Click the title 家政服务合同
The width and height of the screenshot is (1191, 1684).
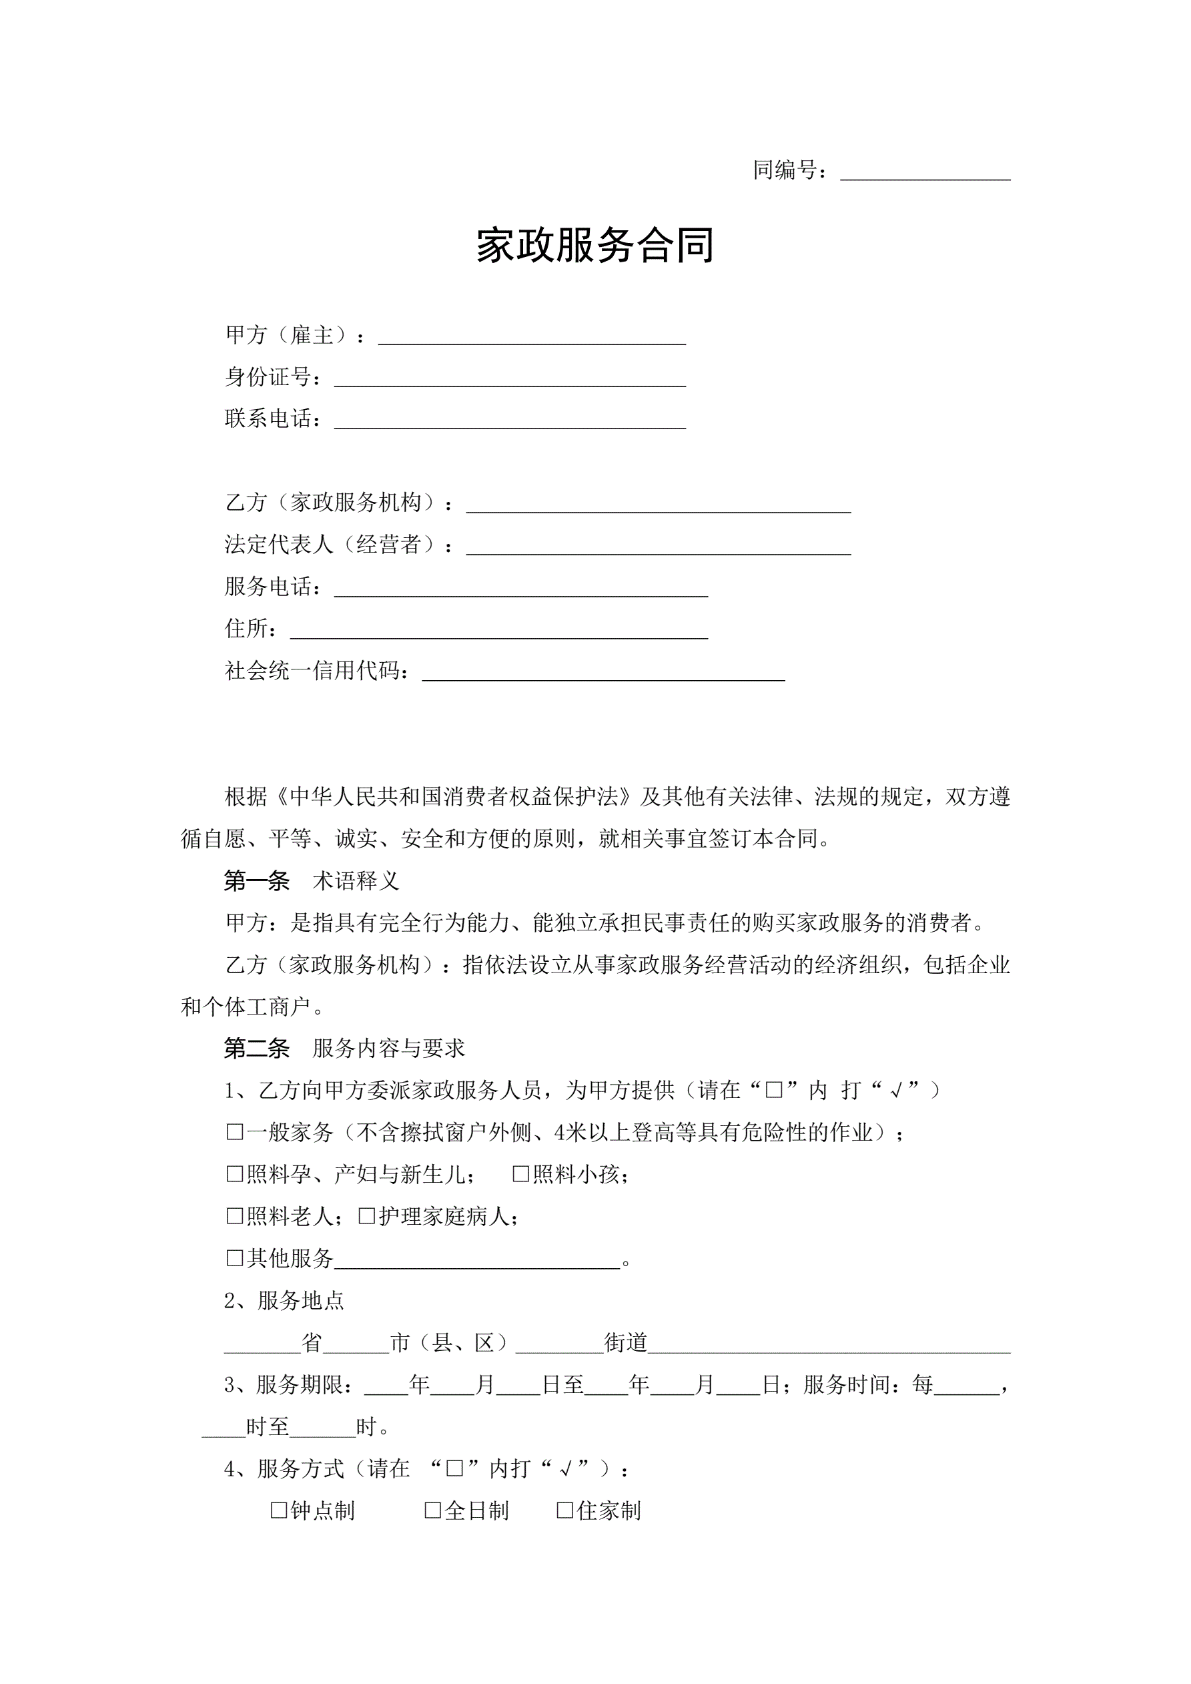click(x=594, y=245)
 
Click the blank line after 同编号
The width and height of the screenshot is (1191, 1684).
click(x=925, y=173)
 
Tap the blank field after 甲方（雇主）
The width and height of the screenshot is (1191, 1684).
click(x=532, y=337)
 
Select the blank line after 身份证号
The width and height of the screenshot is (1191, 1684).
click(x=510, y=379)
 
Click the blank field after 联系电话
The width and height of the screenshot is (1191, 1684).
click(x=510, y=421)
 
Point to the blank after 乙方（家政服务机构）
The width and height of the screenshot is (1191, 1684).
click(x=658, y=505)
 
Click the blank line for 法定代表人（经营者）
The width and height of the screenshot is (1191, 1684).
click(x=658, y=547)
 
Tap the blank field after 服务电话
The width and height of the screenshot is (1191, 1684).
click(x=520, y=589)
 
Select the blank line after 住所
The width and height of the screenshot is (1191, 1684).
click(x=498, y=631)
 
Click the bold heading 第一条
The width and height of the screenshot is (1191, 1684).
click(x=257, y=881)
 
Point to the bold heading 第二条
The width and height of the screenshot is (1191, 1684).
click(x=257, y=1049)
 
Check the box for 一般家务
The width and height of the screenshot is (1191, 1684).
click(x=235, y=1133)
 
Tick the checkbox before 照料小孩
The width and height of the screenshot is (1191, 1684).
click(x=520, y=1174)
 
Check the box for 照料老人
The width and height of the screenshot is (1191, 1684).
click(x=235, y=1216)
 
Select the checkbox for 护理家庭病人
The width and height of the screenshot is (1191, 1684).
click(x=367, y=1216)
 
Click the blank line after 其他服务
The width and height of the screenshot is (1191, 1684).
click(x=476, y=1260)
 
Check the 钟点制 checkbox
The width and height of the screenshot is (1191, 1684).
click(x=279, y=1510)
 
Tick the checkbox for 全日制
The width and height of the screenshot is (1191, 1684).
click(x=432, y=1510)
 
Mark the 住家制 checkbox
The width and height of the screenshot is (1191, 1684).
click(x=564, y=1510)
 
